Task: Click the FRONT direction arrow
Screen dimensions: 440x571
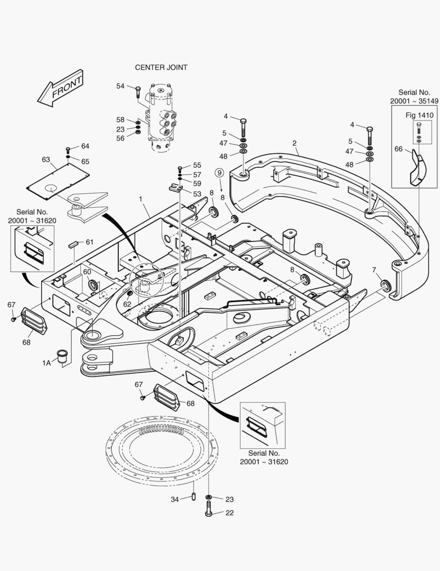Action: (60, 89)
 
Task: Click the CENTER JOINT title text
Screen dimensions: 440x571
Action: (161, 67)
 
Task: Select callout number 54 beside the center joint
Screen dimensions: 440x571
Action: (120, 86)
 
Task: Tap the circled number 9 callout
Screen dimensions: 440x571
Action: (219, 172)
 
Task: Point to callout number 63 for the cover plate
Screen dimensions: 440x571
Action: (46, 160)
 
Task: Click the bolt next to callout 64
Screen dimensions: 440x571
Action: (68, 150)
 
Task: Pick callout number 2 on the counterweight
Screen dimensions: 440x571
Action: (294, 143)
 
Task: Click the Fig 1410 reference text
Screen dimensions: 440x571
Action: (419, 115)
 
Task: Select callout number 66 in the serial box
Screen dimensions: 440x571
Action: (399, 149)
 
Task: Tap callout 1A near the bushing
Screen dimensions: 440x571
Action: (46, 363)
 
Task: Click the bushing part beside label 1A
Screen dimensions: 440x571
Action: (62, 356)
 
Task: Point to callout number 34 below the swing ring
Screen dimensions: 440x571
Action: (175, 499)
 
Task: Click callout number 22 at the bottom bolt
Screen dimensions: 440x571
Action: (230, 513)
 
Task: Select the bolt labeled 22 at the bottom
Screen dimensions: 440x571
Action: (209, 509)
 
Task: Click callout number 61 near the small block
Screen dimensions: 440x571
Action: (89, 242)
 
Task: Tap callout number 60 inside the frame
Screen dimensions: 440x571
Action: (87, 272)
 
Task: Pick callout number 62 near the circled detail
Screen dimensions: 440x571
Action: (127, 304)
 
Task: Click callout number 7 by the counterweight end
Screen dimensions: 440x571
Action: (374, 270)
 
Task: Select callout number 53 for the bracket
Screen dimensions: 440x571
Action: (197, 194)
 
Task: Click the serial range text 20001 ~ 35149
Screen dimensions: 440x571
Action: (414, 101)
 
